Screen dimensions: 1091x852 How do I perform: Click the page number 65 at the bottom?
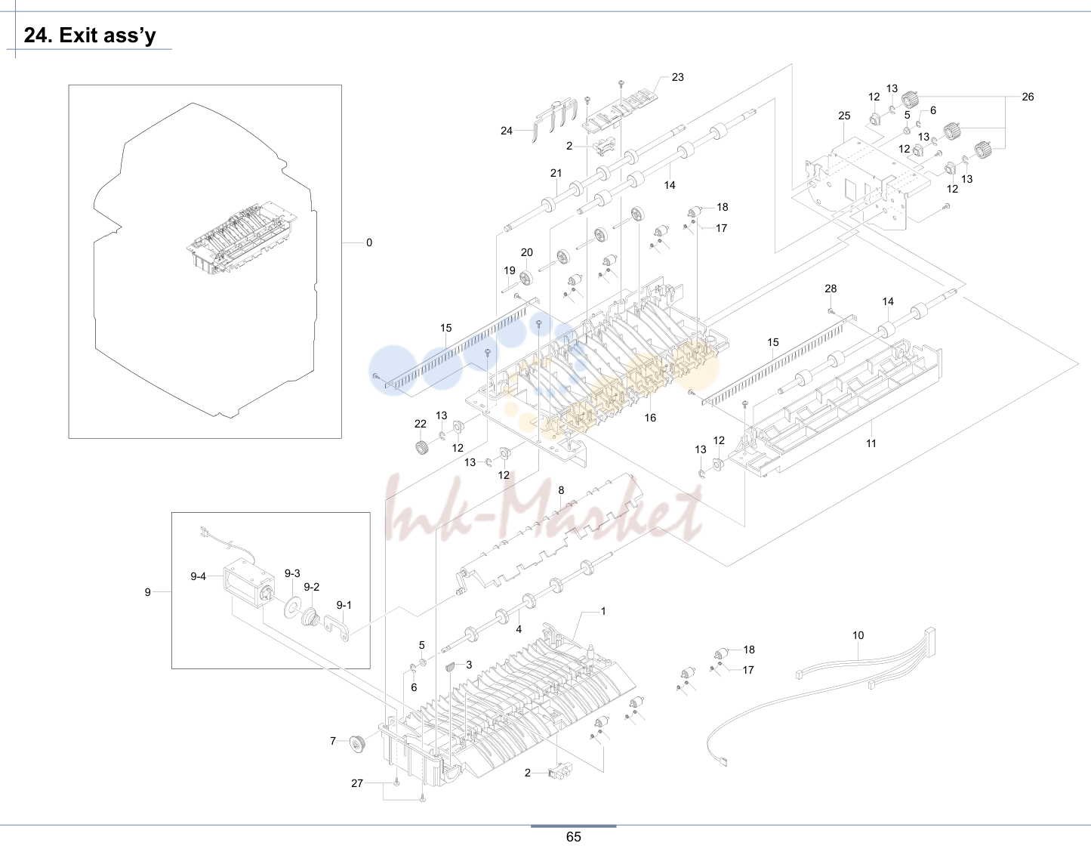pos(573,836)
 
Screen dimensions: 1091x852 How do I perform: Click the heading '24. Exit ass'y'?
pos(90,35)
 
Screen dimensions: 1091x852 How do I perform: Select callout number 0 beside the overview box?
pos(369,242)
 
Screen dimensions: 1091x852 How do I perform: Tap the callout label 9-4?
pos(198,576)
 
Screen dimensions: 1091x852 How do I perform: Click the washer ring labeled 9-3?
pos(292,607)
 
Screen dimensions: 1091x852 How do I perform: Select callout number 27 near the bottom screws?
pos(357,783)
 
